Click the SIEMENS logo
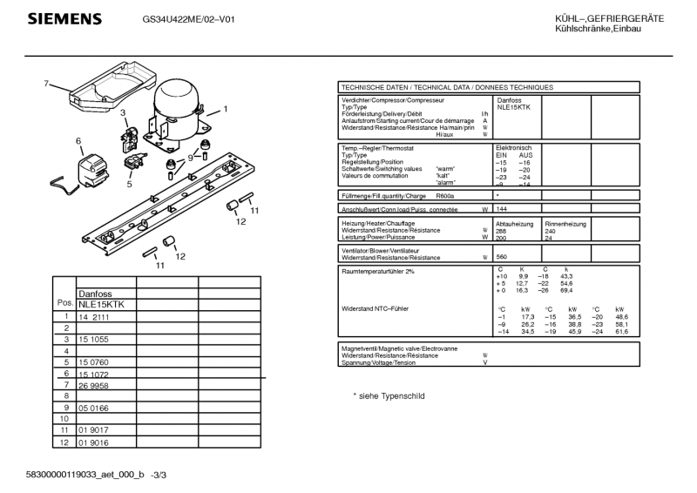pyautogui.click(x=64, y=19)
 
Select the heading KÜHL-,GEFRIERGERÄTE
pyautogui.click(x=609, y=18)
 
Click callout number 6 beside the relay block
pyautogui.click(x=78, y=140)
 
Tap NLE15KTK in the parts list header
pyautogui.click(x=101, y=304)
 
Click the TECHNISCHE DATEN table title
pyautogui.click(x=446, y=87)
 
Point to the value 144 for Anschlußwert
pyautogui.click(x=502, y=210)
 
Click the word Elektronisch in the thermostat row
pyautogui.click(x=513, y=147)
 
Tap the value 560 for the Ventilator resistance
pyautogui.click(x=502, y=257)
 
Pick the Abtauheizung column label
pyautogui.click(x=514, y=224)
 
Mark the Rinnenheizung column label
pyautogui.click(x=565, y=224)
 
